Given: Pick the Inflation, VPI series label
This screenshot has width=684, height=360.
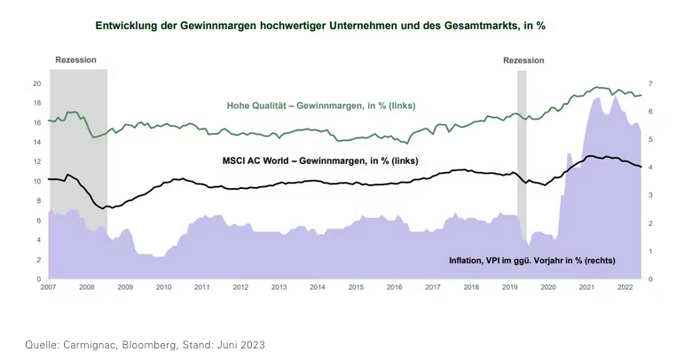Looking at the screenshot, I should [531, 261].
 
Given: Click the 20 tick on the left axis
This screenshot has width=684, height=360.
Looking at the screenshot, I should [37, 83].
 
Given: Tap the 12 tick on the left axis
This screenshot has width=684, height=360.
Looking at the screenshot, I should [37, 161].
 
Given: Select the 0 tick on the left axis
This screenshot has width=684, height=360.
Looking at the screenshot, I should [40, 279].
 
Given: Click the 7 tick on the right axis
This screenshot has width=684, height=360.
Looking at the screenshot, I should [651, 83].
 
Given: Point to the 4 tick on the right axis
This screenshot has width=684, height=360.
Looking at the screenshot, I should [651, 168].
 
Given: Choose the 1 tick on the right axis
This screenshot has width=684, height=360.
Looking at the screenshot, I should [651, 252].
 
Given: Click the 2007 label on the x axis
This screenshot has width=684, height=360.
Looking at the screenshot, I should [49, 288].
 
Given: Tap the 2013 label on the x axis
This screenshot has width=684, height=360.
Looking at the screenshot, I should [279, 288].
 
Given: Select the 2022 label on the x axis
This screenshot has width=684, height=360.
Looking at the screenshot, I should [625, 288].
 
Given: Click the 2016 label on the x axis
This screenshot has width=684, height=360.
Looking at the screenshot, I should [394, 288].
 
